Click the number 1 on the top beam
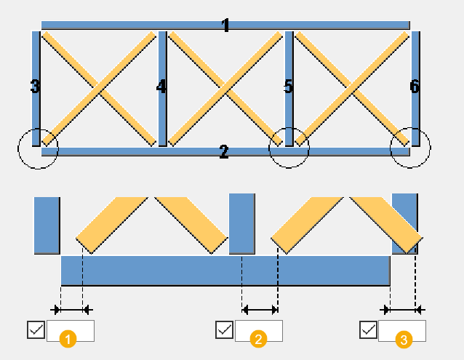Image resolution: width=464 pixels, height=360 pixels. [225, 25]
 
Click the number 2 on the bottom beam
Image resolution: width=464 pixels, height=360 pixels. [224, 151]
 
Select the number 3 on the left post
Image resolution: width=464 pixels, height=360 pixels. [35, 87]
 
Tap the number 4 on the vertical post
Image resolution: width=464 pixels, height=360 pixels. [161, 87]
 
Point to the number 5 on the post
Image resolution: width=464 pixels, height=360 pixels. [289, 87]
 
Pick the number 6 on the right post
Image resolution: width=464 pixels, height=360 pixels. [415, 87]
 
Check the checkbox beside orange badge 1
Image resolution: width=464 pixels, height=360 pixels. [36, 329]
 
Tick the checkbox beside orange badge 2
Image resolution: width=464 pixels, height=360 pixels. [224, 329]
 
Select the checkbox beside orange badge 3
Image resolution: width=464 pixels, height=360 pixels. [369, 329]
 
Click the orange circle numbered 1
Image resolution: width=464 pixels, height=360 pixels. [68, 339]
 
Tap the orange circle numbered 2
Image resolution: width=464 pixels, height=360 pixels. [258, 339]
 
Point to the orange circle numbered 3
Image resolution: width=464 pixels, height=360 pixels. [404, 340]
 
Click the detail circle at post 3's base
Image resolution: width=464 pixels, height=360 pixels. [17, 149]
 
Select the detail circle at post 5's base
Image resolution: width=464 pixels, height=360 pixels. [268, 148]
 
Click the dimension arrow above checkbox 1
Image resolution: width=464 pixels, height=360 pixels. [71, 310]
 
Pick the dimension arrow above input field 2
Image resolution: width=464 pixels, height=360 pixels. [260, 310]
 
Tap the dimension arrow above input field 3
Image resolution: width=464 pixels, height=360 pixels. [402, 310]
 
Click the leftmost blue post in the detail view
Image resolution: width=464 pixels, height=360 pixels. [47, 225]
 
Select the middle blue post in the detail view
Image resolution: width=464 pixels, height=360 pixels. [242, 223]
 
